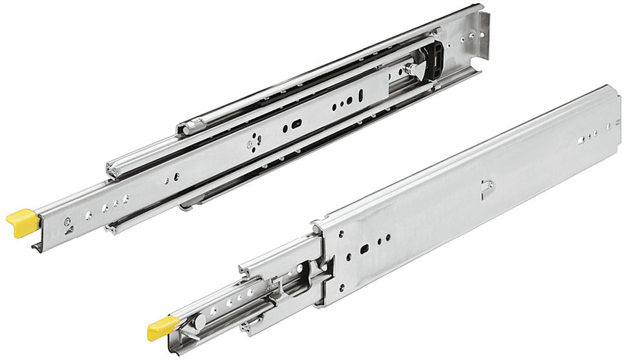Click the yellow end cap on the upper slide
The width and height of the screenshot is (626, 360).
23,221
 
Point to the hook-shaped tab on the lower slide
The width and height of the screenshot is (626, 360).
487,187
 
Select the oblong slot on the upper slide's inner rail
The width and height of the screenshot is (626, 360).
296,123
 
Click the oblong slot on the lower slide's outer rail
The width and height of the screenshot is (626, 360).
365,248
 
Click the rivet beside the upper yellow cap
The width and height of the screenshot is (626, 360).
67,222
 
